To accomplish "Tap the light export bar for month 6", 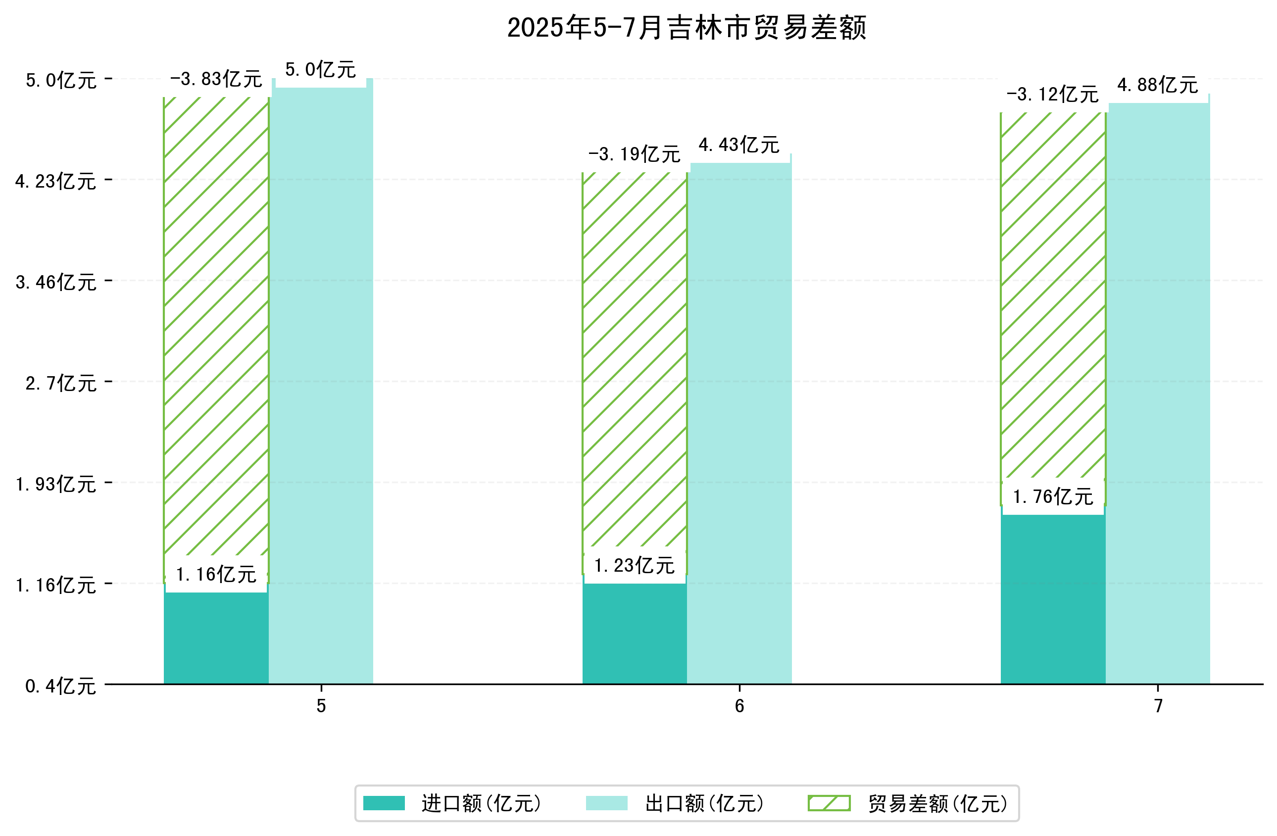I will tap(739, 424).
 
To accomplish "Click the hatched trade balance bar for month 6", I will tap(634, 359).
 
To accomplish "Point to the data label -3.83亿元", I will tap(216, 79).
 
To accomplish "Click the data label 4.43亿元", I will tap(739, 145).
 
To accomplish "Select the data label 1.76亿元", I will tap(1052, 497).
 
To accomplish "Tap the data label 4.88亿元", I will tap(1157, 85).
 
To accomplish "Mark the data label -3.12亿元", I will tap(1052, 95).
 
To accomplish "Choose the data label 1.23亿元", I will tap(634, 566).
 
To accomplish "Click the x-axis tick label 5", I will tap(321, 706).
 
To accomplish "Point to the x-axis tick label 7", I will tap(1158, 706).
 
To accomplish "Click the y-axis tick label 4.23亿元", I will tap(56, 181).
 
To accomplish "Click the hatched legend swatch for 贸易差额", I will tap(829, 803).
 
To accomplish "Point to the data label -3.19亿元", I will tap(634, 154).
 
